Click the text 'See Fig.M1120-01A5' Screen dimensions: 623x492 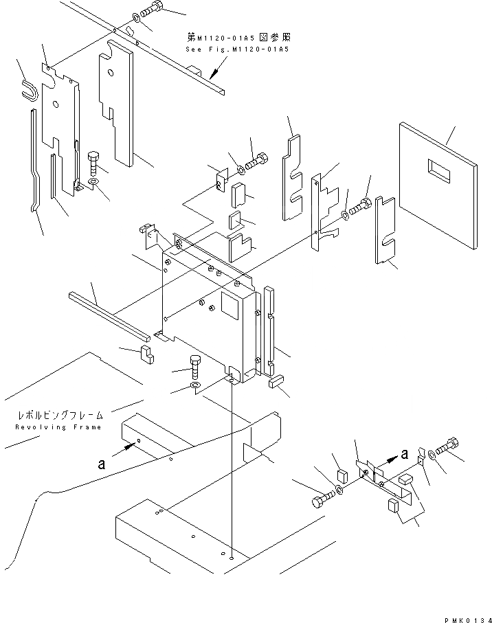[x=237, y=50]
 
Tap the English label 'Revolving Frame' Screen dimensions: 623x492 [x=58, y=427]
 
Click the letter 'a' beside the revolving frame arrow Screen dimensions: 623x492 [x=101, y=464]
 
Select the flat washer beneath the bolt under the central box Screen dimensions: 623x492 [x=194, y=391]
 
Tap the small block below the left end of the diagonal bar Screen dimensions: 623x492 [x=146, y=354]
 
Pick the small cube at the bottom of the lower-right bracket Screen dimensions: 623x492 [x=395, y=507]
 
